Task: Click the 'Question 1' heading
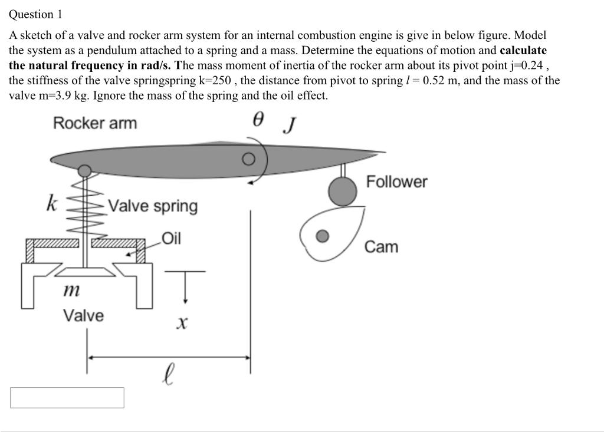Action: point(35,14)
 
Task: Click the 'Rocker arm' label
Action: point(94,123)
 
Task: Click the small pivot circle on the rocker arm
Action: point(250,159)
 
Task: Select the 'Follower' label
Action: point(396,182)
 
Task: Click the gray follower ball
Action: point(342,190)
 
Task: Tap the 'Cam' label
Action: point(381,246)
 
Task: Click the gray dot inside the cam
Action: point(321,236)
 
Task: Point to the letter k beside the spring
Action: point(52,203)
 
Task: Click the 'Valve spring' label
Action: point(153,206)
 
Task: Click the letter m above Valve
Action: point(71,290)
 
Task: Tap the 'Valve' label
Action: point(83,315)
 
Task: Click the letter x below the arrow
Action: point(182,323)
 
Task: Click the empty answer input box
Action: point(67,397)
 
